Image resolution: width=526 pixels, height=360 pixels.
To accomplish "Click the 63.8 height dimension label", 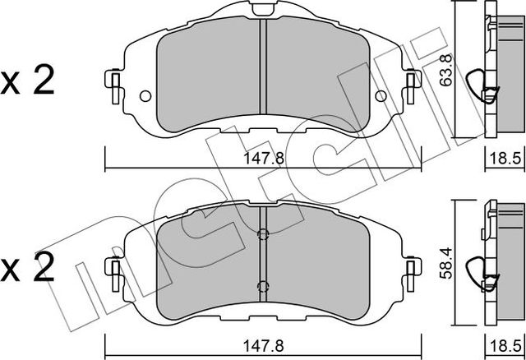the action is tap(447, 71).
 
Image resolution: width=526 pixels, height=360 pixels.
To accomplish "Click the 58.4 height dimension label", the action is tap(447, 264).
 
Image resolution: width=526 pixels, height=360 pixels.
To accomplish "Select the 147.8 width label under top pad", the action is tap(263, 158).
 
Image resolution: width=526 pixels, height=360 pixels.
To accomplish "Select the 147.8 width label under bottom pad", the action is tap(263, 345).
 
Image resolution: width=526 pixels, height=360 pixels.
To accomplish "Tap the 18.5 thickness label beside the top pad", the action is tap(505, 158).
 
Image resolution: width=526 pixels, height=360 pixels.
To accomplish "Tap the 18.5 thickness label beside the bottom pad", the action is tap(505, 345).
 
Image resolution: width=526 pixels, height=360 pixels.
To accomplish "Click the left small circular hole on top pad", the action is tap(145, 96).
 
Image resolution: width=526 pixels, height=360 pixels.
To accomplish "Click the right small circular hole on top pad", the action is tap(381, 96).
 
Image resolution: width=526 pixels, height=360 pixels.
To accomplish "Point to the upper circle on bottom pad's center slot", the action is tap(263, 234).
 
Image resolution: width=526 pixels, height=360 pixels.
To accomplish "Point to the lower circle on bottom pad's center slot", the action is tap(263, 286).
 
